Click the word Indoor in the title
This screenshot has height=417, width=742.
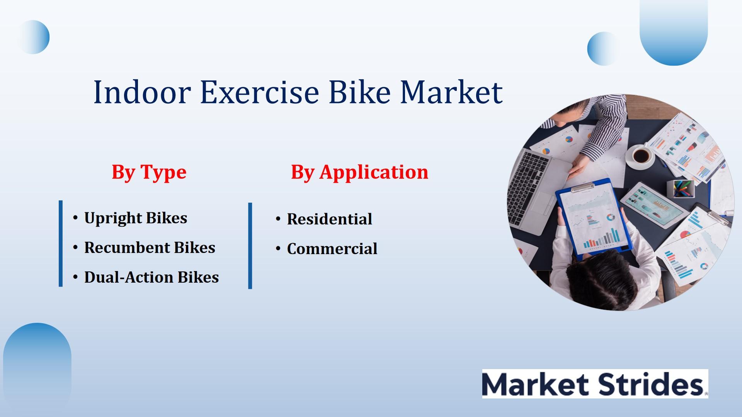click(x=142, y=92)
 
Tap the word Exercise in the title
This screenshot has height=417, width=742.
click(x=259, y=92)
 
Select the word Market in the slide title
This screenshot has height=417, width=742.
click(x=451, y=92)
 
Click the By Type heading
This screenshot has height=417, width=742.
click(x=149, y=172)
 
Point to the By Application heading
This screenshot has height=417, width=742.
click(x=359, y=172)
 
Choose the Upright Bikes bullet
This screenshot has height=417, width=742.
click(x=136, y=218)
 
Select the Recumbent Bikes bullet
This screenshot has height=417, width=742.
click(x=150, y=247)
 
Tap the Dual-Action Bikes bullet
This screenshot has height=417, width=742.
click(x=151, y=277)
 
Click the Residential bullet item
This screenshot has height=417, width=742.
click(x=329, y=219)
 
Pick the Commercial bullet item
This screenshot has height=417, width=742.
click(x=332, y=249)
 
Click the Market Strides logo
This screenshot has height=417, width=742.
click(x=595, y=383)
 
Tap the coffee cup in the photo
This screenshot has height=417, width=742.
click(x=642, y=156)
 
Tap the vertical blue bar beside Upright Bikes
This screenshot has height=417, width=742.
click(x=61, y=244)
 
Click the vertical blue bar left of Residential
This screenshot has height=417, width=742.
click(x=250, y=246)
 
